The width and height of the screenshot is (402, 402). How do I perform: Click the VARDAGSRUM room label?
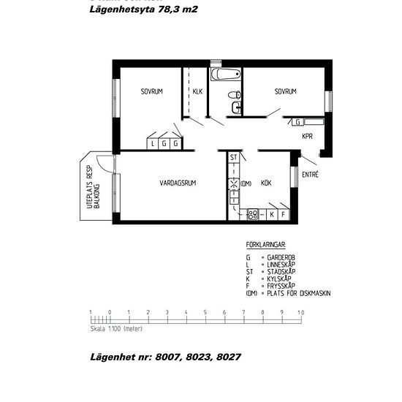[178, 183]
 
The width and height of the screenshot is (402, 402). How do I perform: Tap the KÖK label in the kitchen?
[267, 183]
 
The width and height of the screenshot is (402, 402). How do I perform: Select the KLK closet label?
[197, 91]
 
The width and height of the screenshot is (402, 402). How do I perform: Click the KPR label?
[308, 136]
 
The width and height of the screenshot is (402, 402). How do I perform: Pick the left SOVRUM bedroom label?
[152, 91]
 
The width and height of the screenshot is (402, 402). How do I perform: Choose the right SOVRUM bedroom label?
[286, 91]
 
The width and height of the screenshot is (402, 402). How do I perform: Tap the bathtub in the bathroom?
[225, 75]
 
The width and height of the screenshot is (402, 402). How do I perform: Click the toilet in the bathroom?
[234, 95]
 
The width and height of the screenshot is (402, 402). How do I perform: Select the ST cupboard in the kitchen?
[234, 158]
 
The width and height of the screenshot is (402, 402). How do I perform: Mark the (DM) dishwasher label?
[246, 183]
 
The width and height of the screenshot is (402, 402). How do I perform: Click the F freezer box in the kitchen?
[282, 215]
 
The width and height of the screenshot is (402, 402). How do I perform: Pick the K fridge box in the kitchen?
[271, 215]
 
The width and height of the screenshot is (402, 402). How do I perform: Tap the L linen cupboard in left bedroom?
[153, 143]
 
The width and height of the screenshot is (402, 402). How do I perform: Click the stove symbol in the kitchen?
[253, 215]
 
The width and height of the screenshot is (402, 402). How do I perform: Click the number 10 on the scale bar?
[300, 313]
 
